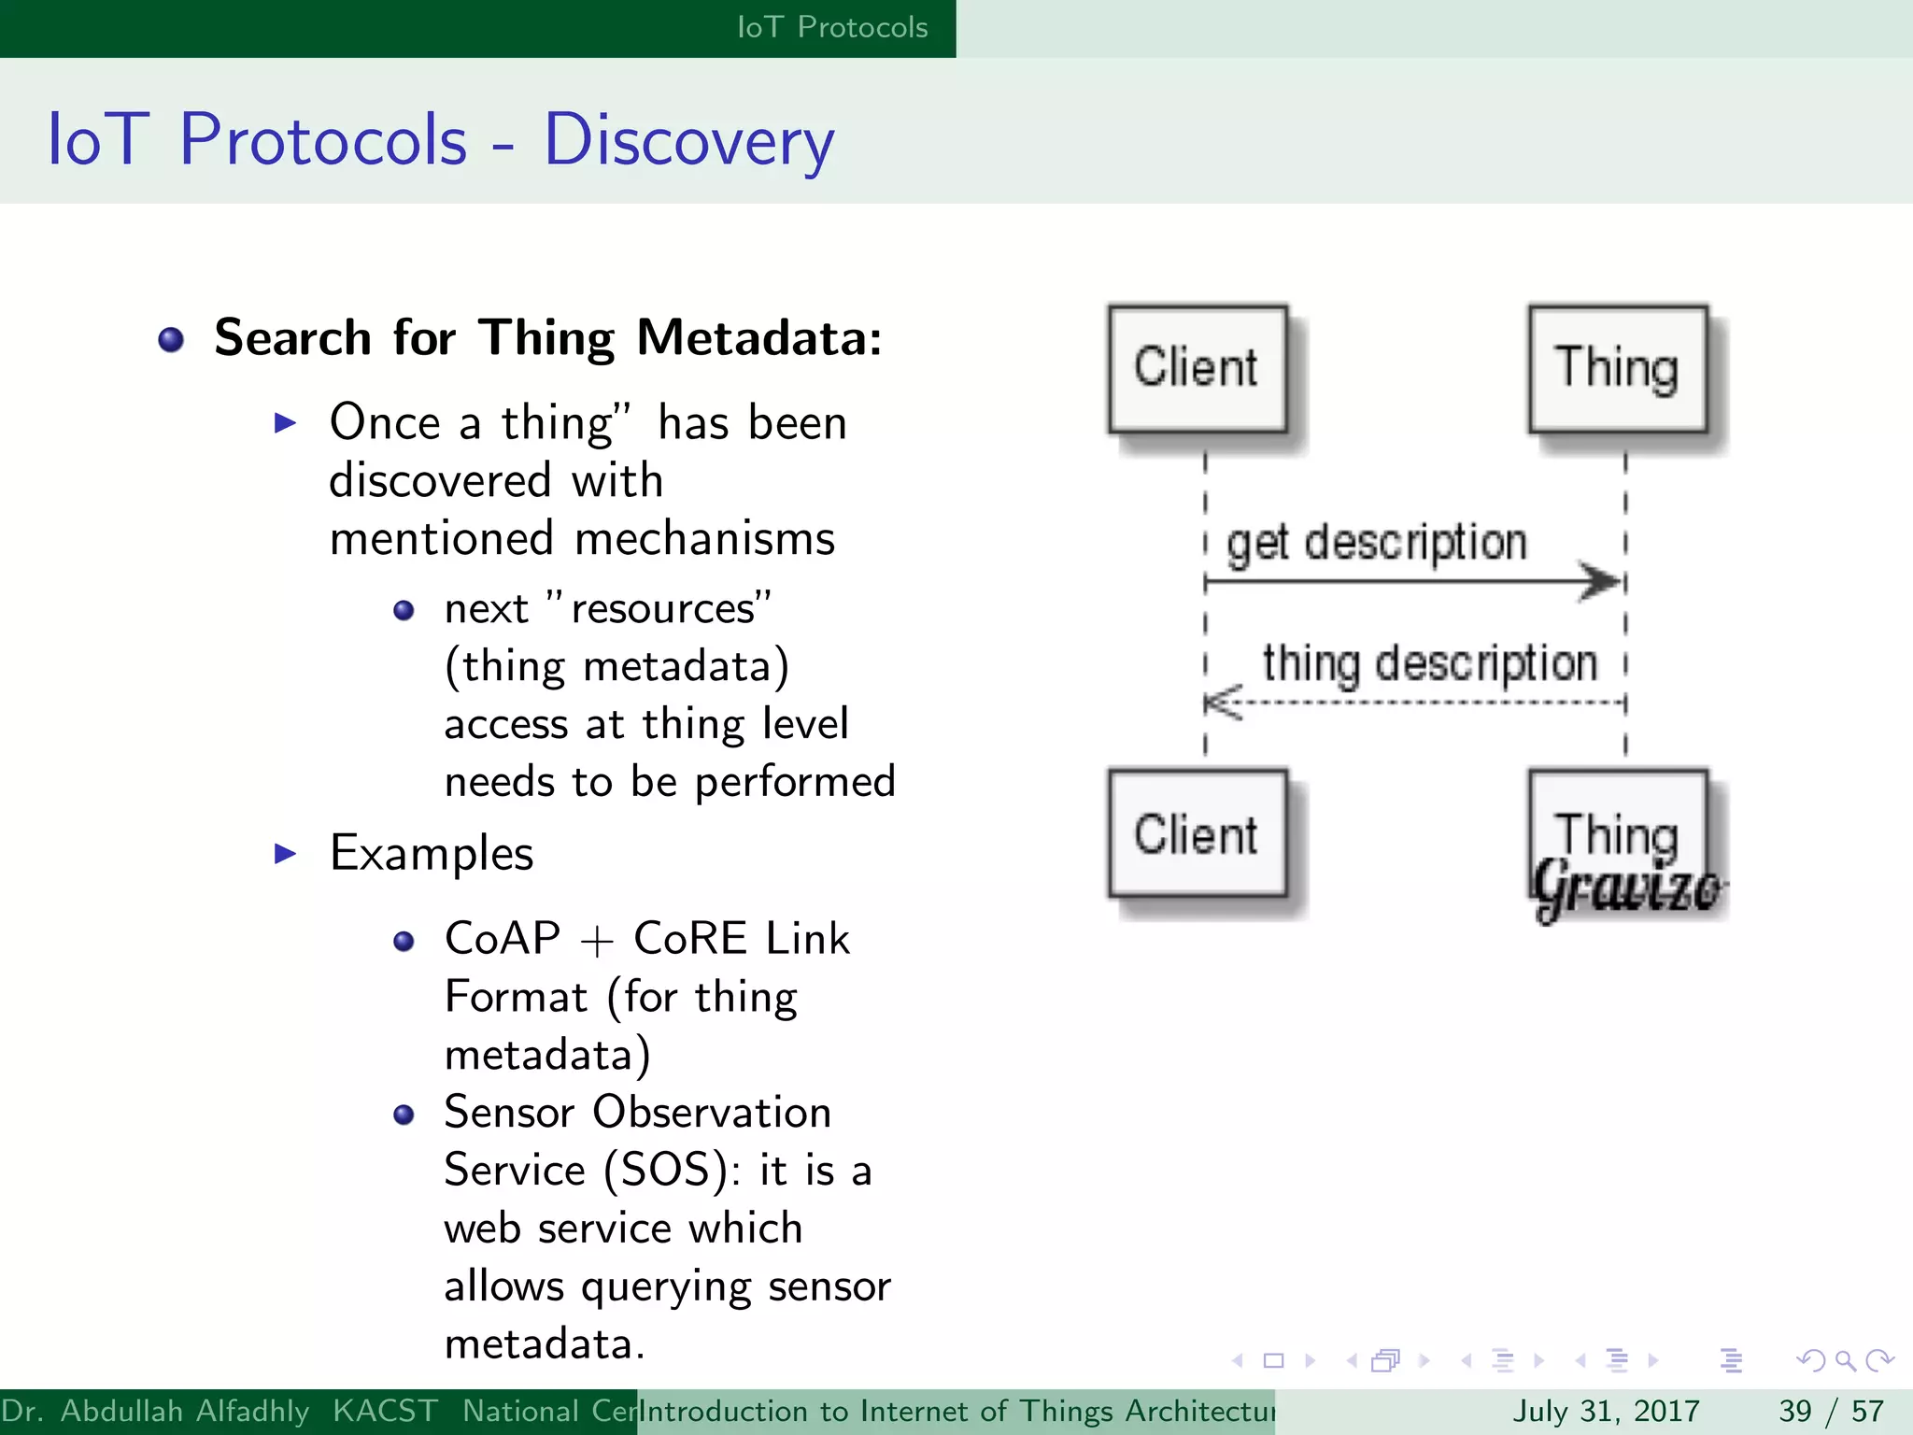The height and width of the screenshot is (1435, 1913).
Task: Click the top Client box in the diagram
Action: tap(1197, 369)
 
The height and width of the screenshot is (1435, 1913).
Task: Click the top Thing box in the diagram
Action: tap(1617, 369)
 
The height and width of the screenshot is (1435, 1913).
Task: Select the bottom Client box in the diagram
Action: tap(1197, 834)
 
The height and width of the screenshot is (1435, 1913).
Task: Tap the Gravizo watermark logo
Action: tap(1627, 888)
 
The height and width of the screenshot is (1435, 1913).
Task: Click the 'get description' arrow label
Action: tap(1377, 543)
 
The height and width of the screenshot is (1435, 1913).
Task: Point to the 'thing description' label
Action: tap(1429, 663)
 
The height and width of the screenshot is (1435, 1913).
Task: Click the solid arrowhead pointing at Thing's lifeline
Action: tap(1601, 582)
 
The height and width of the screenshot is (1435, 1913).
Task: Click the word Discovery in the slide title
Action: tap(688, 140)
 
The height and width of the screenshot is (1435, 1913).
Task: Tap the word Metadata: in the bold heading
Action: tap(758, 338)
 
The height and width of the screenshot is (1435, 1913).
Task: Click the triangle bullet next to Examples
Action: tap(286, 853)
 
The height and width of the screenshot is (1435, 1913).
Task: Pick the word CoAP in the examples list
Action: tap(503, 939)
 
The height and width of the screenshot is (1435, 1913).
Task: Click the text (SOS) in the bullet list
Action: tap(664, 1171)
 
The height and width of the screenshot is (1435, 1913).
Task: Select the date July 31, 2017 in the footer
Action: tap(1606, 1411)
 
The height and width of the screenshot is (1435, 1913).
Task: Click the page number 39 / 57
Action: tap(1831, 1411)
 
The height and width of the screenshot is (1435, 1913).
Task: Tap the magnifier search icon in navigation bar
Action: tap(1845, 1361)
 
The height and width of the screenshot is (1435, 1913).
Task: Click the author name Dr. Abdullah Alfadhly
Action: tap(155, 1411)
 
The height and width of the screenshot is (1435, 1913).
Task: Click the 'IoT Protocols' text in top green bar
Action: tap(832, 27)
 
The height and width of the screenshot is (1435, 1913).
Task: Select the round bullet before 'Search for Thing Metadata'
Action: tap(171, 340)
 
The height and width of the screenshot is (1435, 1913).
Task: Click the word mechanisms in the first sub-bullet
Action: tap(704, 540)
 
